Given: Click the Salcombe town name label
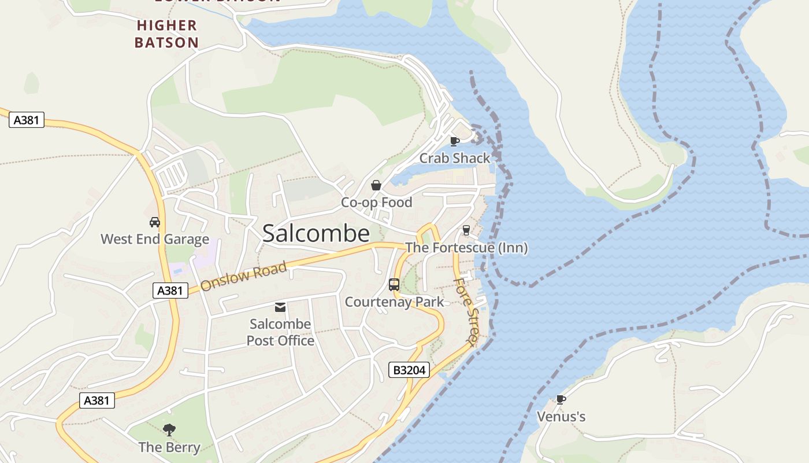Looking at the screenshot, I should click(x=316, y=233).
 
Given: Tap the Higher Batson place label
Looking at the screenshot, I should click(x=167, y=34).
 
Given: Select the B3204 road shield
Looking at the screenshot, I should click(x=410, y=370).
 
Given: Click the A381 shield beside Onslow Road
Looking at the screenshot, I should click(x=170, y=291).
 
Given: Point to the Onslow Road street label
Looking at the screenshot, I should click(x=243, y=277).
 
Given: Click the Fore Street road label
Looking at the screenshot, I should click(x=466, y=312).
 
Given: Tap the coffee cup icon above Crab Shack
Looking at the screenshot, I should click(x=455, y=141).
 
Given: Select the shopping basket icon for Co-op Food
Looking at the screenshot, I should click(x=376, y=185).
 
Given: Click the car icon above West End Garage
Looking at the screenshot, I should click(x=155, y=222).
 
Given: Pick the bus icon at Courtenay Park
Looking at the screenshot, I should click(x=394, y=285).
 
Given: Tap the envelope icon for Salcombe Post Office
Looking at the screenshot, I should click(x=280, y=307).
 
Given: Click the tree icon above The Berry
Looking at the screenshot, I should click(x=169, y=430).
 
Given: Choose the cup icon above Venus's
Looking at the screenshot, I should click(x=561, y=399).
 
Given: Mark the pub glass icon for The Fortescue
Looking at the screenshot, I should click(x=466, y=230).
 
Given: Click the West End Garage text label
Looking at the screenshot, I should click(x=155, y=239).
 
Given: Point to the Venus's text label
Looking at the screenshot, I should click(x=561, y=417).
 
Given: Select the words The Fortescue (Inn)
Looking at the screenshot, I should click(x=466, y=248).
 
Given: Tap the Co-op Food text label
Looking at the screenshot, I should click(x=376, y=203).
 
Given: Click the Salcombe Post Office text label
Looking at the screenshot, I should click(x=280, y=332).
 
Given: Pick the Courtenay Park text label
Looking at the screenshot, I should click(x=394, y=302).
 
